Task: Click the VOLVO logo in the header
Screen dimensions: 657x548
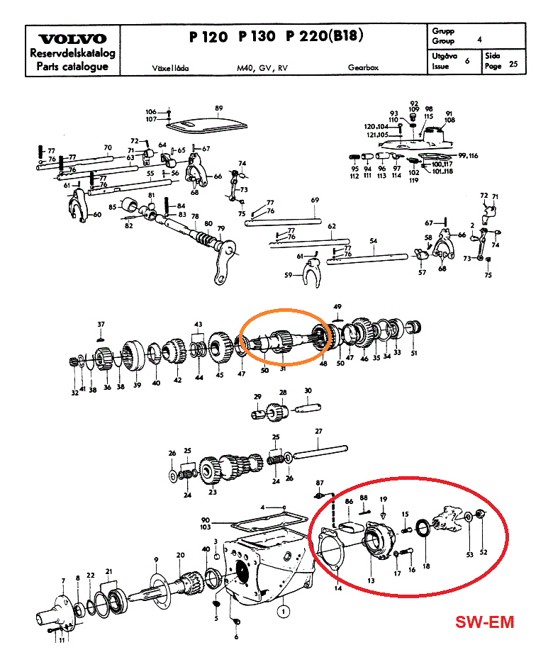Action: pos(72,39)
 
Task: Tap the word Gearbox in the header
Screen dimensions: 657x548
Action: pos(363,68)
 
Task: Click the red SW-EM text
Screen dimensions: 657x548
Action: pos(484,622)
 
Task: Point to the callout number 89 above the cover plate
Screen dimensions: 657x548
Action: pos(219,108)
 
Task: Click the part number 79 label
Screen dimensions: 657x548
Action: pos(220,228)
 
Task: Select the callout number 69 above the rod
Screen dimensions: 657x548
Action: pos(315,201)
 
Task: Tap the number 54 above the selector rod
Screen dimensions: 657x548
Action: pos(373,241)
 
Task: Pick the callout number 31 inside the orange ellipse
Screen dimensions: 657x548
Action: pos(282,367)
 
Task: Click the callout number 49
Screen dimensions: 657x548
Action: pos(337,306)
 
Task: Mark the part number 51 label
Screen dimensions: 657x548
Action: pos(415,353)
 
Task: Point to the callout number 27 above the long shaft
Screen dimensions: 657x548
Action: pos(318,432)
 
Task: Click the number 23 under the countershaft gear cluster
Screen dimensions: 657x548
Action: pos(212,492)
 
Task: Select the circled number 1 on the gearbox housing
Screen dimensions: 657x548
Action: pos(284,609)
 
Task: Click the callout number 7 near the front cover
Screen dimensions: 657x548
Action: pos(62,581)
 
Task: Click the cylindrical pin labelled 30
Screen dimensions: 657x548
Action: pos(308,410)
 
